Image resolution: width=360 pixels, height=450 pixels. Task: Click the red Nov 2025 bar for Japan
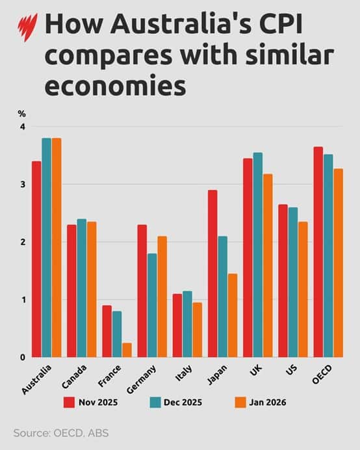click(x=212, y=273)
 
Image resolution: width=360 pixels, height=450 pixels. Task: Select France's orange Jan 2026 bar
click(x=127, y=350)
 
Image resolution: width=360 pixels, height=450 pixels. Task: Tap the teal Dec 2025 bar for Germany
click(x=152, y=305)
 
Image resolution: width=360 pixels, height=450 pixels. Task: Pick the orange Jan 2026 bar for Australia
click(x=57, y=247)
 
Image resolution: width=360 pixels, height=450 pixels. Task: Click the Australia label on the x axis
click(x=36, y=379)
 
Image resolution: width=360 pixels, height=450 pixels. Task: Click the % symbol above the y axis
click(x=21, y=114)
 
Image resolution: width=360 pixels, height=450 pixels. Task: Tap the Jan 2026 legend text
click(x=263, y=402)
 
